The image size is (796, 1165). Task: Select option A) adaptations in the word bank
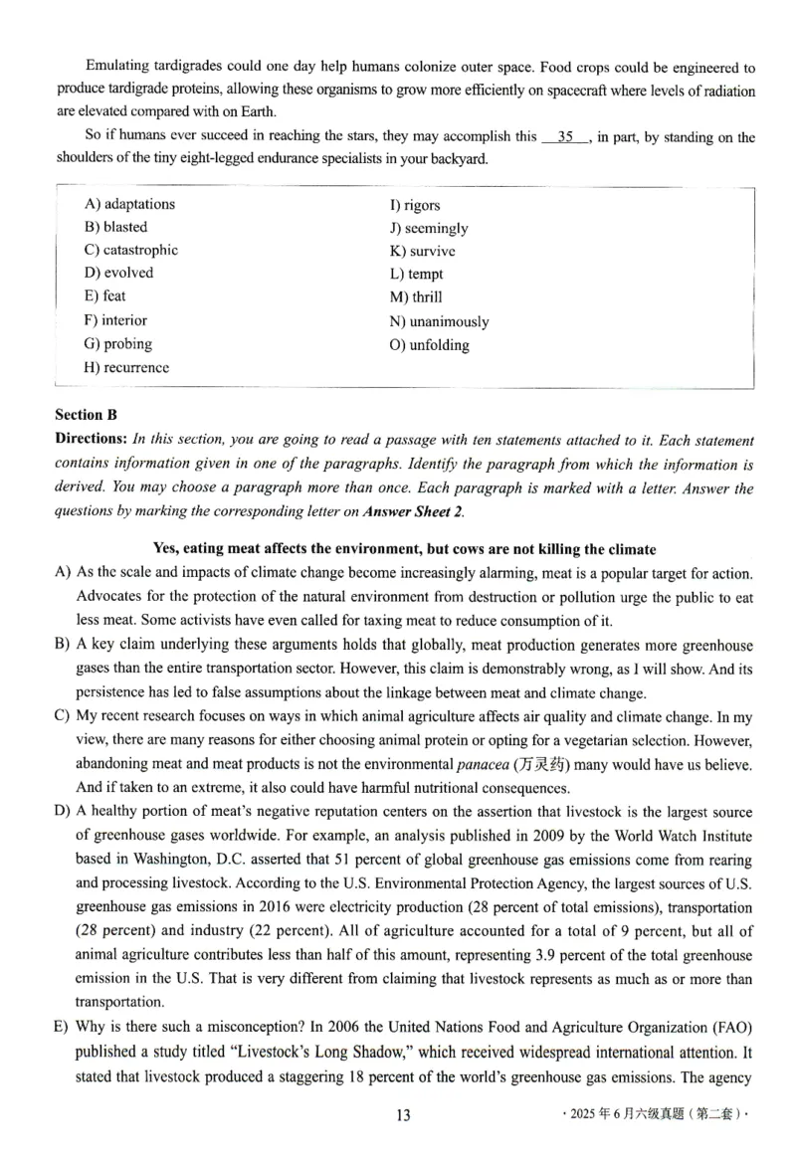point(129,204)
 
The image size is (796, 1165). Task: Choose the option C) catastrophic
point(131,250)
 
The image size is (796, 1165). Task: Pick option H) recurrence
point(127,367)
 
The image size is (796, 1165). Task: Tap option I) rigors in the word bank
point(414,205)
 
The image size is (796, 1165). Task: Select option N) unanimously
point(439,321)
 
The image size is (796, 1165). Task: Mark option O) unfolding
point(429,345)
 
